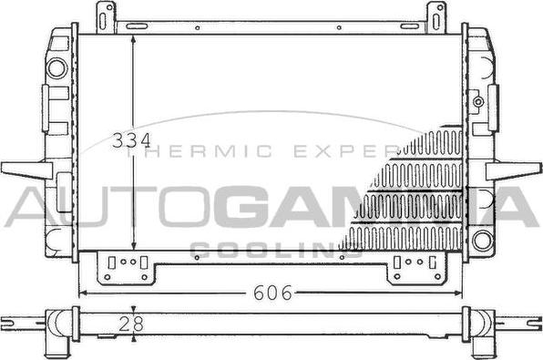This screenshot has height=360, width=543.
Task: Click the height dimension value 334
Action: point(130,141)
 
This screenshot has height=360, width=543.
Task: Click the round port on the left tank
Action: point(57,67)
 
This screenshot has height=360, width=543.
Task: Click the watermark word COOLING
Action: point(271,250)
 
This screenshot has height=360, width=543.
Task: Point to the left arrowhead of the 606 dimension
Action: point(82,293)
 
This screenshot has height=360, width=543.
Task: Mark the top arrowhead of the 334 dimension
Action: point(134,41)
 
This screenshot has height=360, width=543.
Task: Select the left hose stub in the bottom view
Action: point(23,321)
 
